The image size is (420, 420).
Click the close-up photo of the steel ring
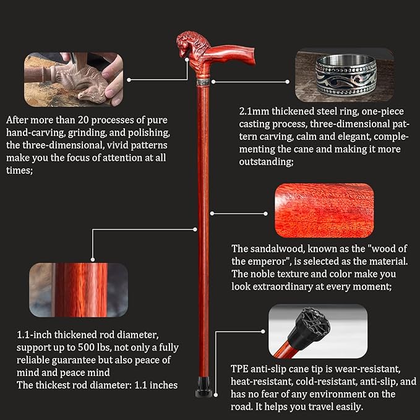[345, 75]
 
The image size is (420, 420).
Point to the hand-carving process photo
[74, 80]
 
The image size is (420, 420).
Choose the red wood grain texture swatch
[324, 210]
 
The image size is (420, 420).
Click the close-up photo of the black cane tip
[318, 331]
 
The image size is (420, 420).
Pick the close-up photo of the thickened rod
[79, 290]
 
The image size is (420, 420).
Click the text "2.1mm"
[254, 111]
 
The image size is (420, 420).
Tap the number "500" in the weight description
[87, 348]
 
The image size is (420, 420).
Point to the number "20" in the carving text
[83, 120]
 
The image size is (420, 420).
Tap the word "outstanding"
[266, 162]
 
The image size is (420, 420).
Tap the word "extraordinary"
[283, 287]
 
